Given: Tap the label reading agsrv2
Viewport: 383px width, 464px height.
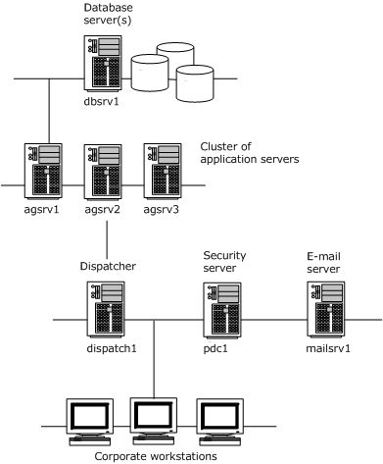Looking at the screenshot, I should [x=105, y=208].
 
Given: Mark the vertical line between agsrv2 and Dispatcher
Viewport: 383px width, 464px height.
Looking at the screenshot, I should [x=105, y=236].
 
